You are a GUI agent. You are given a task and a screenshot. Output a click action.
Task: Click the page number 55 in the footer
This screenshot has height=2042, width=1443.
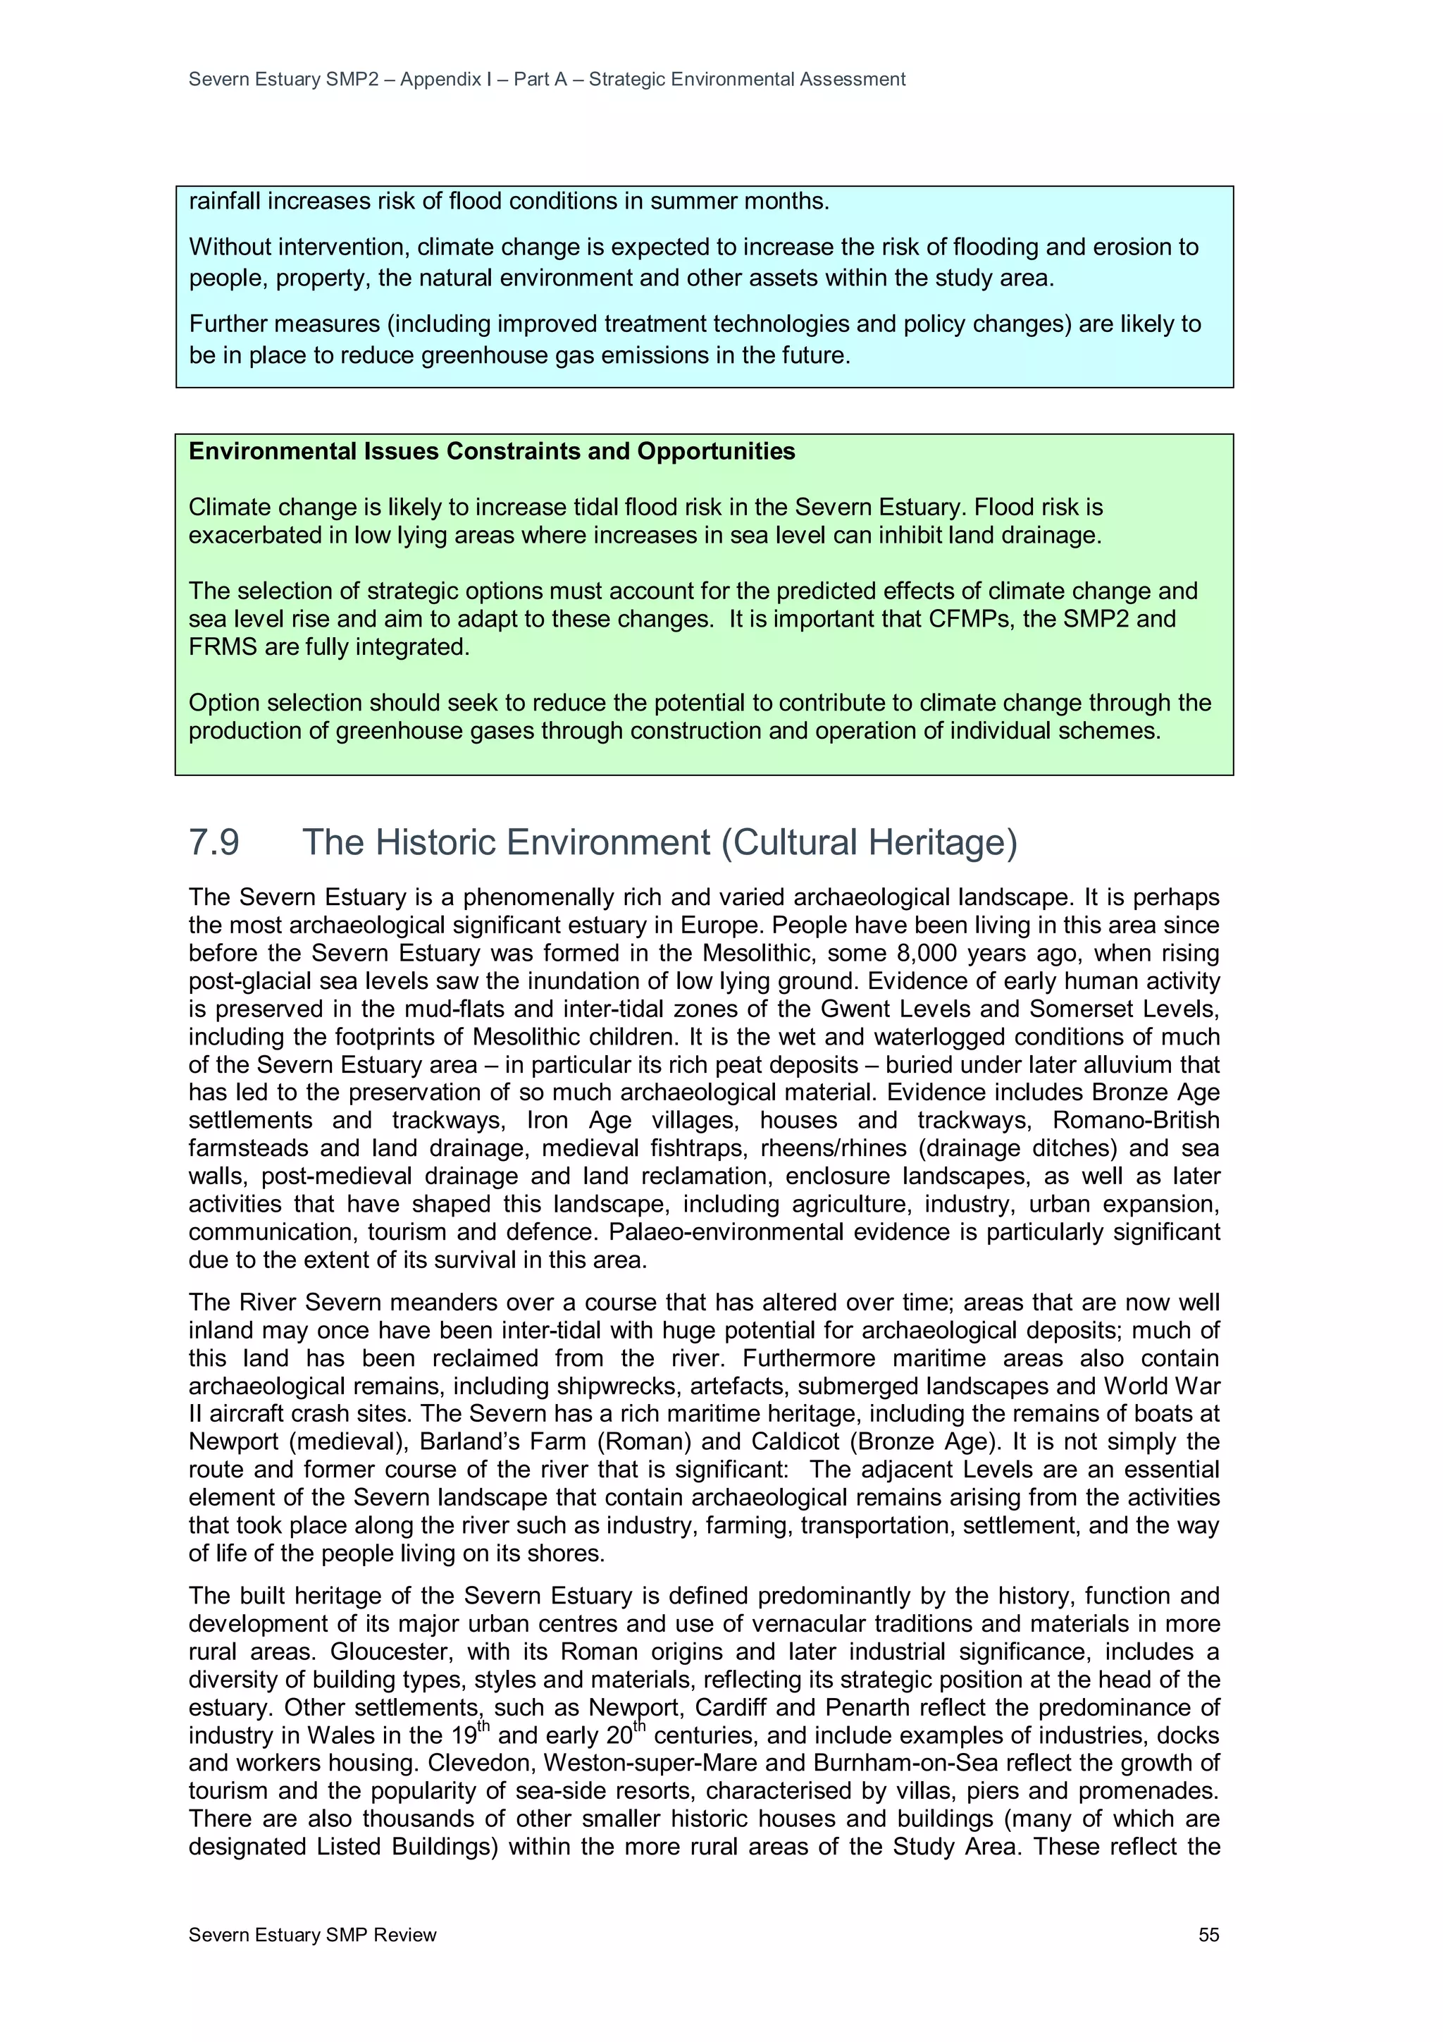1208,1934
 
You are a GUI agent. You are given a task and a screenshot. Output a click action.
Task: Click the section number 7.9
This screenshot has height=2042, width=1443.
214,842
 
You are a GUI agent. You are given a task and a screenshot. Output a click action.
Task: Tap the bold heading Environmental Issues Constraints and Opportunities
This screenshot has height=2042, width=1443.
492,452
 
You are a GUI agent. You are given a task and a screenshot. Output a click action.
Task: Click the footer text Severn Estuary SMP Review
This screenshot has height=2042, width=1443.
312,1934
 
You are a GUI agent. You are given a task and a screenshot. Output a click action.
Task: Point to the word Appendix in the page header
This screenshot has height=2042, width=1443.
441,79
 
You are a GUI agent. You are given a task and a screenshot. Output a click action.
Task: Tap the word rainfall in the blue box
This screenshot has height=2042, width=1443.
224,202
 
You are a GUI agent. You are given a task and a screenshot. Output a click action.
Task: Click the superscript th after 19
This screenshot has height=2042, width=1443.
483,1727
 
